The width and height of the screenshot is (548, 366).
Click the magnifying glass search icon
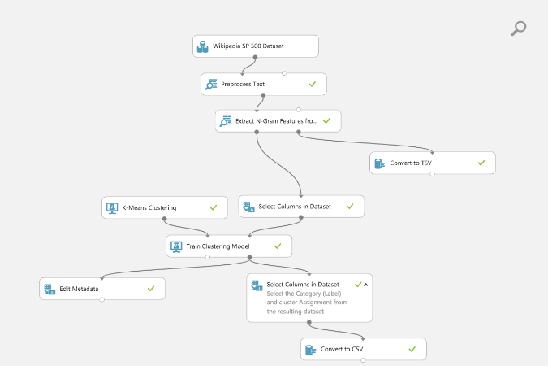pyautogui.click(x=518, y=28)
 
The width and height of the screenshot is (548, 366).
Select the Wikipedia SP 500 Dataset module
pyautogui.click(x=255, y=46)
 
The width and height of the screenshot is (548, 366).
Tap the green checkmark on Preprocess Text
pyautogui.click(x=312, y=84)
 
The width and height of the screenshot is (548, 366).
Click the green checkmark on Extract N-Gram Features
pyautogui.click(x=326, y=120)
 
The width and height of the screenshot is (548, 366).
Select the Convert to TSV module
pyautogui.click(x=432, y=163)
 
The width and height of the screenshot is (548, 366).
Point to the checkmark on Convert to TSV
pyautogui.click(x=481, y=163)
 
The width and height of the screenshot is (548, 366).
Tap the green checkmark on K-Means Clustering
pyautogui.click(x=214, y=207)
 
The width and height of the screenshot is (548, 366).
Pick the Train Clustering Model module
pyautogui.click(x=228, y=246)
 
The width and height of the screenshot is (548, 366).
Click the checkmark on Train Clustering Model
pyautogui.click(x=278, y=245)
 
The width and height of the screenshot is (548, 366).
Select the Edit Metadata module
pyautogui.click(x=101, y=289)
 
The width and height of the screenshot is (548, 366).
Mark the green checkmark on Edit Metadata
pyautogui.click(x=151, y=288)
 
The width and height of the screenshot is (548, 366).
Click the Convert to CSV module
pyautogui.click(x=363, y=349)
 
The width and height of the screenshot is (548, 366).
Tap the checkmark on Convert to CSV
pyautogui.click(x=412, y=349)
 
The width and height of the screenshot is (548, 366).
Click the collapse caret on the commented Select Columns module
pyautogui.click(x=365, y=285)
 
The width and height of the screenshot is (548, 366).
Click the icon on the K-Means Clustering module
pyautogui.click(x=112, y=207)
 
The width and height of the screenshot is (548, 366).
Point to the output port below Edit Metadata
pyautogui.click(x=102, y=300)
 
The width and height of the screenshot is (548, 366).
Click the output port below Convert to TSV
pyautogui.click(x=432, y=174)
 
